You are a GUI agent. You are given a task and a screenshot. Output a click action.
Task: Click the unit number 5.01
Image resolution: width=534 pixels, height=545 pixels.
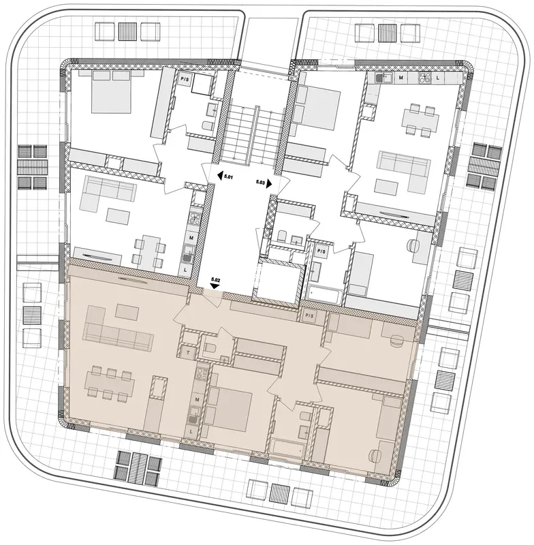[x=228, y=176]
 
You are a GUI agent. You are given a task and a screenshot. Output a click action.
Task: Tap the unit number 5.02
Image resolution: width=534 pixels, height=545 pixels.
[x=216, y=279]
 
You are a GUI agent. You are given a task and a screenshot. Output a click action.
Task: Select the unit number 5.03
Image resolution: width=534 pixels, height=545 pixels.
[x=260, y=181]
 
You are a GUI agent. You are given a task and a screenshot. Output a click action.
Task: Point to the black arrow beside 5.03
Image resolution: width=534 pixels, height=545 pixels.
[x=269, y=184]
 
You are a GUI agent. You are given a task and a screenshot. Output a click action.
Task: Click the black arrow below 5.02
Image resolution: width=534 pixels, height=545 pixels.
[x=216, y=285]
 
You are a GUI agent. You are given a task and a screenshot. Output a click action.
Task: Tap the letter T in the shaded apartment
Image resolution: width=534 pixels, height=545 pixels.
[x=188, y=353]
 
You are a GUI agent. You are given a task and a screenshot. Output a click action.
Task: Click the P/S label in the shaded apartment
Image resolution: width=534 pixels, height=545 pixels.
[x=309, y=316]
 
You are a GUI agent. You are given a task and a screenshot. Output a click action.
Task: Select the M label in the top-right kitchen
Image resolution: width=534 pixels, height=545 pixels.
[x=401, y=78]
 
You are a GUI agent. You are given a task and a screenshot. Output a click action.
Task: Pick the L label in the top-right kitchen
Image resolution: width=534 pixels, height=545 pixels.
[x=438, y=78]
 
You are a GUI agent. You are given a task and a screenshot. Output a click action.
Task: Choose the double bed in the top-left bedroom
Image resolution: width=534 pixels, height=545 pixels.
[x=111, y=91]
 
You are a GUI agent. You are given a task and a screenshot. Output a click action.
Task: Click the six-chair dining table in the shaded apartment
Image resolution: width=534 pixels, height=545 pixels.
[x=109, y=384]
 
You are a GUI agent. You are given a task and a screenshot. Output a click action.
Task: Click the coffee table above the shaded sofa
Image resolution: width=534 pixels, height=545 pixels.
[x=127, y=311]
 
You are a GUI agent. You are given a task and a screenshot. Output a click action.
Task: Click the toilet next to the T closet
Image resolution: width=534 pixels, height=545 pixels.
[x=210, y=349]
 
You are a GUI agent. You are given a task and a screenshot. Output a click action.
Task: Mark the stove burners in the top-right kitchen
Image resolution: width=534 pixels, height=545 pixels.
[x=424, y=78]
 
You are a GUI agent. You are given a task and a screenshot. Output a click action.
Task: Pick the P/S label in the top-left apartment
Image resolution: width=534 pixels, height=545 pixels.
[x=184, y=79]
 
